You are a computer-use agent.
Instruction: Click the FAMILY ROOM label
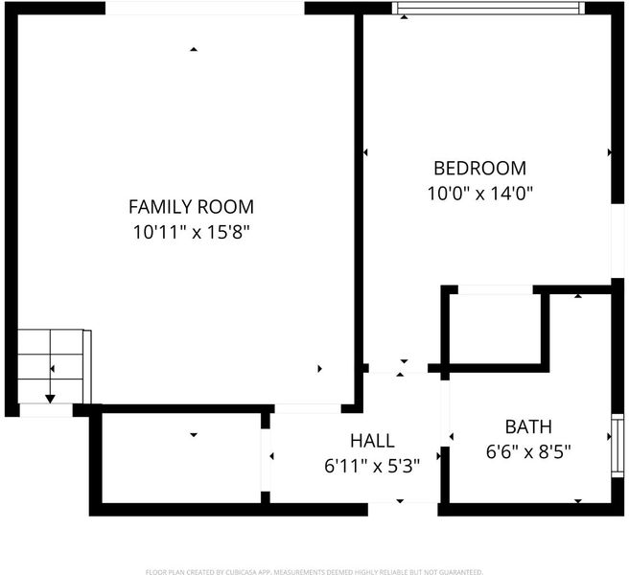click(191, 207)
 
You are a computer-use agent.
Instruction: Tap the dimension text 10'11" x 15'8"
click(191, 232)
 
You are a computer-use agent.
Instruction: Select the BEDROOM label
click(479, 168)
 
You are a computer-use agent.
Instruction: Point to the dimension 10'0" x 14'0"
click(479, 194)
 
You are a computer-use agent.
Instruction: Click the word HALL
click(372, 441)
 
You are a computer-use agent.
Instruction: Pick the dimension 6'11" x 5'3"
click(372, 466)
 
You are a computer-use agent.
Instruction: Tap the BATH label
click(528, 426)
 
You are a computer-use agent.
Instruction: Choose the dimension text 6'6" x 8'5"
click(528, 452)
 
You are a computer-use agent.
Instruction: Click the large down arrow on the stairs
click(50, 399)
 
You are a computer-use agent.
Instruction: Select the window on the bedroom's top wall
click(488, 8)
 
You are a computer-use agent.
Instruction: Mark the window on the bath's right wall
click(617, 447)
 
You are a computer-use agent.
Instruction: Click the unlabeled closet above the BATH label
click(495, 329)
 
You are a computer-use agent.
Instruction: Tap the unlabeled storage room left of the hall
click(181, 458)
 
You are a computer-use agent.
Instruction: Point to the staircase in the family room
click(55, 366)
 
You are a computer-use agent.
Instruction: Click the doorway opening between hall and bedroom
click(398, 368)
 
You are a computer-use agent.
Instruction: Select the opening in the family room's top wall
click(205, 9)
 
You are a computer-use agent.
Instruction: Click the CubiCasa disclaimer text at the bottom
click(314, 572)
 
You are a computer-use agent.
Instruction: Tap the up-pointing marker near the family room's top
click(194, 49)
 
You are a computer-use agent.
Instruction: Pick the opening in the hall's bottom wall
click(403, 509)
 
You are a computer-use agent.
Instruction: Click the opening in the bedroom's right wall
click(617, 241)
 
